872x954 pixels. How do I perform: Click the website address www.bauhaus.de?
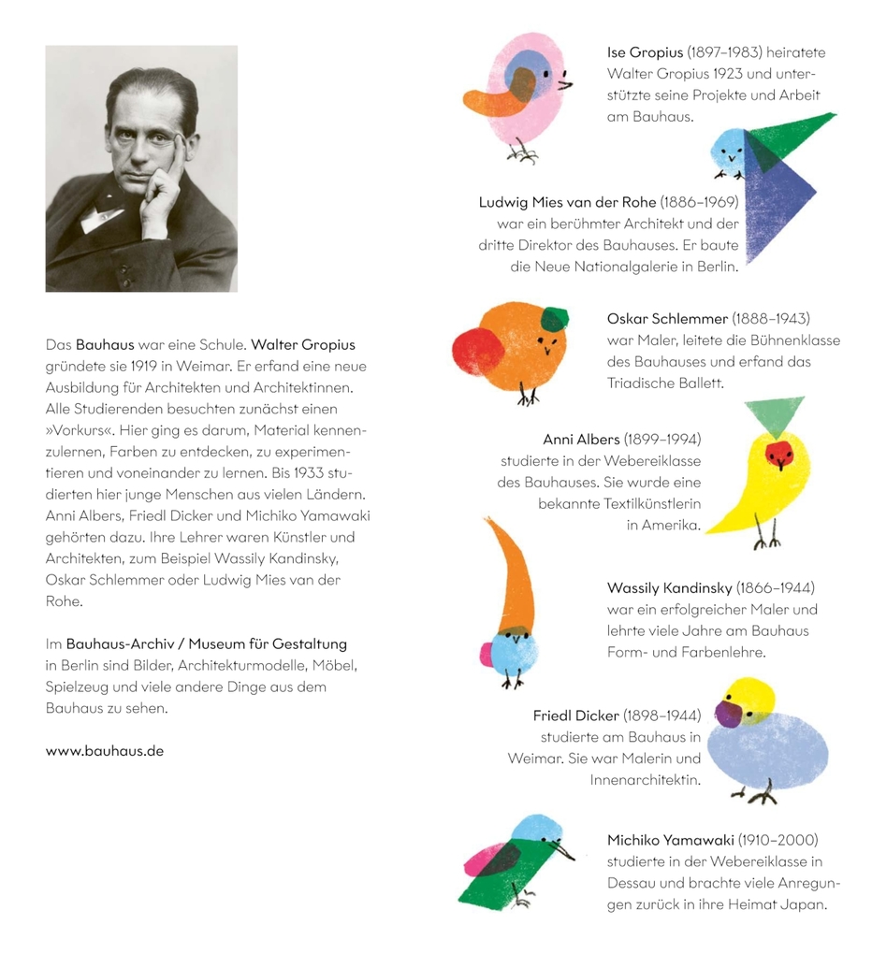pos(105,751)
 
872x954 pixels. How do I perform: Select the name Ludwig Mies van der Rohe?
pos(568,202)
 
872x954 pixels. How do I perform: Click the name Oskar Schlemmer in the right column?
pos(667,318)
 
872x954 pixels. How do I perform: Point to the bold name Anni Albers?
pos(581,440)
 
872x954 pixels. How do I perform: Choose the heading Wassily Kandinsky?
pos(669,588)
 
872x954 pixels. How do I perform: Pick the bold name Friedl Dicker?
pos(576,715)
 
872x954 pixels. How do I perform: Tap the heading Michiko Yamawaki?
pos(670,840)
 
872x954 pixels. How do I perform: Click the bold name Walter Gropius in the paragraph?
pos(303,344)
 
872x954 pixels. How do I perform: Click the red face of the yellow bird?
pos(779,455)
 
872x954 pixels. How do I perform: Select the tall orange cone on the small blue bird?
pos(510,575)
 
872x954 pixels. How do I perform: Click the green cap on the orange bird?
pos(554,319)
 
